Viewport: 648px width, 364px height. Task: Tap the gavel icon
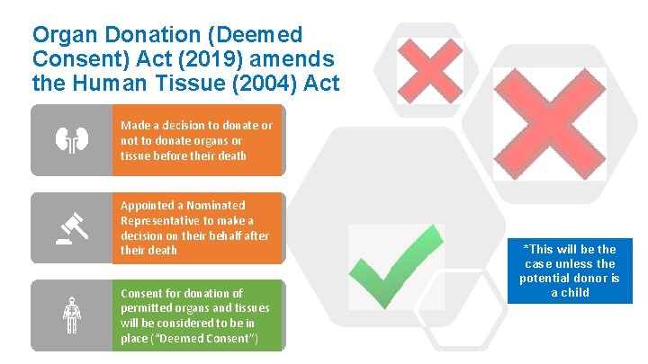click(x=71, y=228)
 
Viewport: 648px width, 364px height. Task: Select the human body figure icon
click(x=71, y=315)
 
